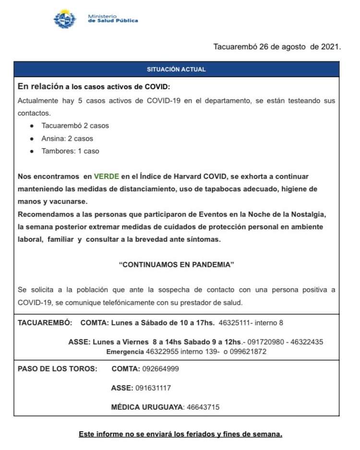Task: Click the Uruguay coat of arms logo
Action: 64,20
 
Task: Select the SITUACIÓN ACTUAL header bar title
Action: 176,70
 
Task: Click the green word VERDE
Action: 107,177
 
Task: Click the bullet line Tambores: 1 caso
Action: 70,151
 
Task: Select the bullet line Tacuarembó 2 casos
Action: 75,126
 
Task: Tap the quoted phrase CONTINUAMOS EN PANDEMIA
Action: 176,264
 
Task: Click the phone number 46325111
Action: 235,322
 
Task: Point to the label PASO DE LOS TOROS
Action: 57,369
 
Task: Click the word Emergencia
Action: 125,352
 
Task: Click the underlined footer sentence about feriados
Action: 180,435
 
